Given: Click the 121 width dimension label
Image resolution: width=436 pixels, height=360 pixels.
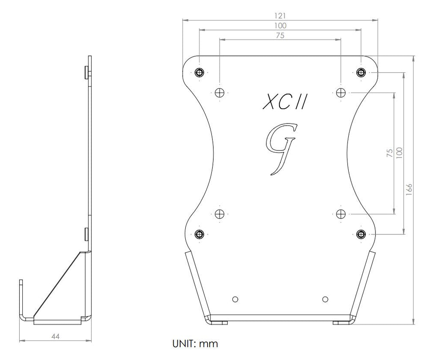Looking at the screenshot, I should pyautogui.click(x=280, y=15).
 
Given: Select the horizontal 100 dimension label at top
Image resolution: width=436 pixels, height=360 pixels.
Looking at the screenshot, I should pyautogui.click(x=280, y=25).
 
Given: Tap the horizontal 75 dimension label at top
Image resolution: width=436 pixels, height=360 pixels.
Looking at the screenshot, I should pyautogui.click(x=280, y=36).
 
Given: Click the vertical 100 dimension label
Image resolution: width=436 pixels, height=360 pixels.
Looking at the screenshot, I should pyautogui.click(x=399, y=152).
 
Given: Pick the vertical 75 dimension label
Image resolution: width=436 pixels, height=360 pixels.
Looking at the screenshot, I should pyautogui.click(x=389, y=152).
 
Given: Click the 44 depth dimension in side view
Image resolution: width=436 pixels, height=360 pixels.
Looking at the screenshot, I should pyautogui.click(x=55, y=336).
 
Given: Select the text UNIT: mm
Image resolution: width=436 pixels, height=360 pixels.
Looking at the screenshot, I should pyautogui.click(x=195, y=344).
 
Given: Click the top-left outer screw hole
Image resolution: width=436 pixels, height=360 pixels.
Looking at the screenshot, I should pyautogui.click(x=200, y=72).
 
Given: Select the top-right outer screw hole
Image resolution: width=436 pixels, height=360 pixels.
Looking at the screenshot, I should pyautogui.click(x=361, y=72).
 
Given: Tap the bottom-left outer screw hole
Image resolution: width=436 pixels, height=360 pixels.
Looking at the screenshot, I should pyautogui.click(x=200, y=234).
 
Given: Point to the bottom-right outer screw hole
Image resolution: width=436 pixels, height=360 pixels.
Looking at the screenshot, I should pyautogui.click(x=361, y=234).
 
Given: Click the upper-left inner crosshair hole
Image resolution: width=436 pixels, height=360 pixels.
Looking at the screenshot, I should pyautogui.click(x=220, y=92).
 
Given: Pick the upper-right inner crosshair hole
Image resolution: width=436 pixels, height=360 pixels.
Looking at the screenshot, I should pyautogui.click(x=341, y=92).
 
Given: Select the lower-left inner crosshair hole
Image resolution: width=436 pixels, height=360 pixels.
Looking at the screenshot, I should pyautogui.click(x=220, y=214).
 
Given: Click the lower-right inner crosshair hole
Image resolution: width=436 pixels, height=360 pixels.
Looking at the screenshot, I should pyautogui.click(x=341, y=214).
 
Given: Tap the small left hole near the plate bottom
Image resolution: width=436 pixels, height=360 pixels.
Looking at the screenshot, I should pyautogui.click(x=235, y=299).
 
